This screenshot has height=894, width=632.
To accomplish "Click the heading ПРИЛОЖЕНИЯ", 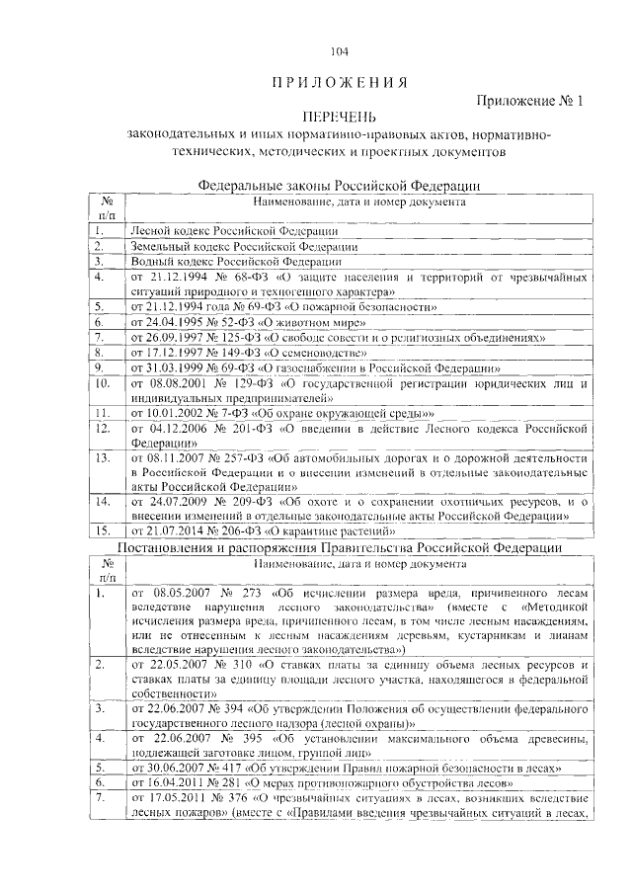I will point(340,81).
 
